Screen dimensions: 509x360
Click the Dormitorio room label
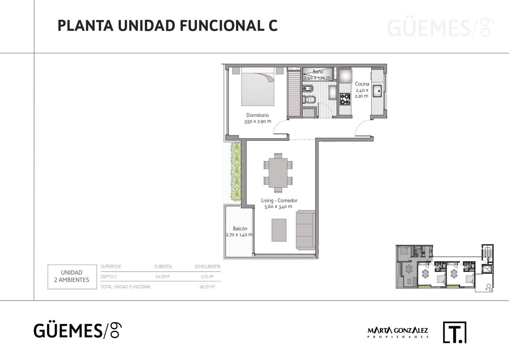click(x=258, y=115)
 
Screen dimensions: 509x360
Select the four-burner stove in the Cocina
click(x=345, y=99)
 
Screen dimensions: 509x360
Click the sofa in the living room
click(x=306, y=230)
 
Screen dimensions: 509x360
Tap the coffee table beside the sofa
click(x=279, y=230)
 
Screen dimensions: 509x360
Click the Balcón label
click(x=240, y=228)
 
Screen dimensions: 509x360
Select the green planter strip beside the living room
click(x=236, y=171)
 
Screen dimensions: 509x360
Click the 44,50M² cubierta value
click(x=163, y=277)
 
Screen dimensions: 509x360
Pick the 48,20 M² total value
click(x=207, y=287)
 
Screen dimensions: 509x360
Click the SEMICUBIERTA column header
click(x=207, y=266)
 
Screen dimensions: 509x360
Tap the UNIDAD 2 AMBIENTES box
click(x=72, y=277)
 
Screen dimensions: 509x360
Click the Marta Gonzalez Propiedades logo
click(x=398, y=332)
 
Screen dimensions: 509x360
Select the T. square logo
click(x=455, y=332)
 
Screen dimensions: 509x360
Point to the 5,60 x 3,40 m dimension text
click(x=278, y=206)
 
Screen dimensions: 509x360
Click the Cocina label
click(x=362, y=84)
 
